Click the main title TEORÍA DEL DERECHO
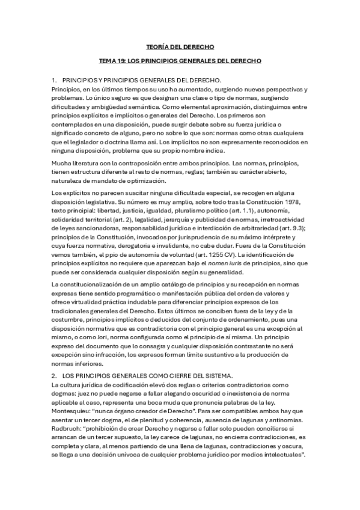[180, 46]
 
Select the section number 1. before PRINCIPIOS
[55, 80]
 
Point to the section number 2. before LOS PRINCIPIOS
[55, 375]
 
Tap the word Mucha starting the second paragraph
[62, 164]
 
